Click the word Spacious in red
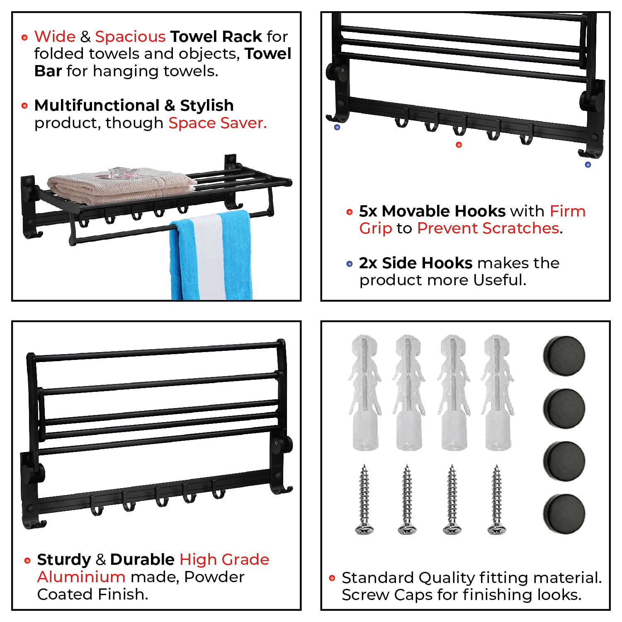pyautogui.click(x=130, y=36)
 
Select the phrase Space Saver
pyautogui.click(x=217, y=123)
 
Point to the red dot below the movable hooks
pyautogui.click(x=459, y=145)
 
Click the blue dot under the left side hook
pyautogui.click(x=337, y=127)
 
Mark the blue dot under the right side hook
pyautogui.click(x=588, y=165)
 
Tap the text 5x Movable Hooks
pyautogui.click(x=432, y=211)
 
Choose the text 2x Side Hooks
pyautogui.click(x=415, y=263)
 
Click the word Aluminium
pyautogui.click(x=81, y=577)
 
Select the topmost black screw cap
pyautogui.click(x=564, y=356)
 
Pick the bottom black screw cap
pyautogui.click(x=564, y=513)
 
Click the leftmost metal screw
pyautogui.click(x=364, y=499)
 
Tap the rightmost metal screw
pyautogui.click(x=496, y=499)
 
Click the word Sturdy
pyautogui.click(x=64, y=559)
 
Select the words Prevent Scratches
pyautogui.click(x=488, y=228)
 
